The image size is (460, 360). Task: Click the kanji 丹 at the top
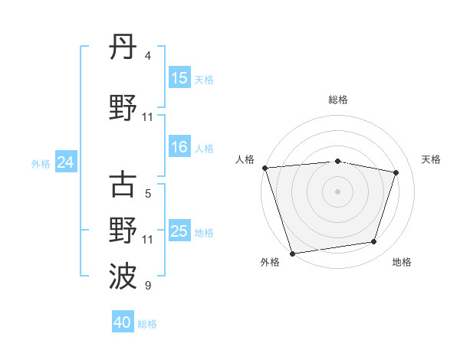point(123,49)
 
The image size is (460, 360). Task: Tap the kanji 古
point(123,185)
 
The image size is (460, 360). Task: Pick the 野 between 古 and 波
point(123,231)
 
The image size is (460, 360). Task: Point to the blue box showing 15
point(179,78)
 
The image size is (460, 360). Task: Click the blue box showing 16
point(179,147)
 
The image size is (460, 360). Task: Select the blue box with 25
point(179,231)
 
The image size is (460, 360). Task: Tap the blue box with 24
point(65,162)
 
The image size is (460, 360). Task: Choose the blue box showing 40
point(123,322)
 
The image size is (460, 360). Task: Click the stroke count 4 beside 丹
point(148,56)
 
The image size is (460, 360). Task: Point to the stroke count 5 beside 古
point(148,194)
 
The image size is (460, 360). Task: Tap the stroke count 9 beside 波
point(148,286)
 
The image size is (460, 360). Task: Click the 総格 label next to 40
point(147,324)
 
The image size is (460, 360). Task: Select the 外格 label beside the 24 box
point(41,163)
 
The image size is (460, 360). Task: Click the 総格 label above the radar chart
point(337,100)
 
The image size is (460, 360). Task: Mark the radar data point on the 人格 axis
point(264,168)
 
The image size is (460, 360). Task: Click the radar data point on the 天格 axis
point(396,172)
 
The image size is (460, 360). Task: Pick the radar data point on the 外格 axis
point(292,253)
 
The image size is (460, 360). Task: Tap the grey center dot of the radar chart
point(337,191)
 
